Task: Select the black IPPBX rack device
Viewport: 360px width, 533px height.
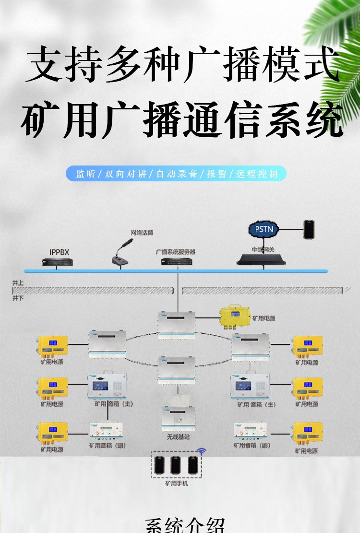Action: pyautogui.click(x=56, y=262)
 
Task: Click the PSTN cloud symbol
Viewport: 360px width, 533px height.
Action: pyautogui.click(x=264, y=229)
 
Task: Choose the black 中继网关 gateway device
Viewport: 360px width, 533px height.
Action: pyautogui.click(x=261, y=260)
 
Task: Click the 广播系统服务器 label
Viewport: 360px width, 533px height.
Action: pyautogui.click(x=175, y=252)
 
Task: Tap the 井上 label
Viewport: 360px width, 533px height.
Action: pyautogui.click(x=18, y=284)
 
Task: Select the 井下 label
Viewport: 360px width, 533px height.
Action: pyautogui.click(x=18, y=297)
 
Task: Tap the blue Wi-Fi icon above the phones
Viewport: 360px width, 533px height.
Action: pyautogui.click(x=202, y=451)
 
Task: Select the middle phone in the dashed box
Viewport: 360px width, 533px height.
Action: pyautogui.click(x=176, y=465)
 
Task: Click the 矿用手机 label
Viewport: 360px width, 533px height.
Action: pyautogui.click(x=176, y=483)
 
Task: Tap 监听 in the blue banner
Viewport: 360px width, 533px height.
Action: pyautogui.click(x=86, y=174)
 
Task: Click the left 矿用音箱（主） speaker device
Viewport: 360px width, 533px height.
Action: pyautogui.click(x=107, y=386)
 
